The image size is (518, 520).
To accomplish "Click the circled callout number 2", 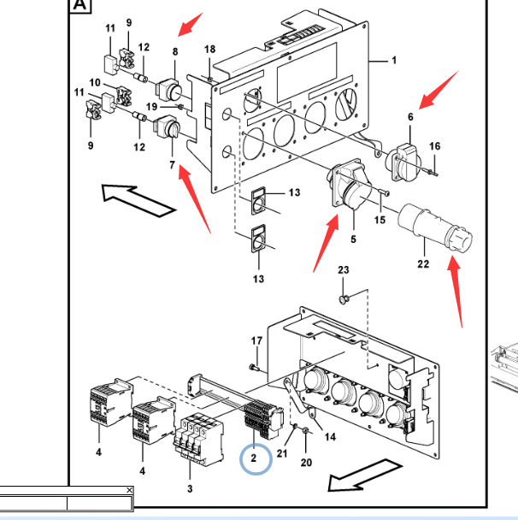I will point(254,458).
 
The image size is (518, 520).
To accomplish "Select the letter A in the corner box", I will point(79,7).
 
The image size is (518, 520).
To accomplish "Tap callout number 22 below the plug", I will point(423,263).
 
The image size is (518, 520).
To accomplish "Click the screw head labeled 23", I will point(344,299).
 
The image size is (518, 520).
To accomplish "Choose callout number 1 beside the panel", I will point(394,61).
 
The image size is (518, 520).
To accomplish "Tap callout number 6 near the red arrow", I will point(410,116).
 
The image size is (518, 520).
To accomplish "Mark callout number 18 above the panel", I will point(209,50).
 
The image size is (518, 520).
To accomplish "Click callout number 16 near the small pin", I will point(434,147).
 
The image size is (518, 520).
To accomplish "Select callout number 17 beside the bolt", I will point(256,341).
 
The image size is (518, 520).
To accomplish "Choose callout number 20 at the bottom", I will point(307,463).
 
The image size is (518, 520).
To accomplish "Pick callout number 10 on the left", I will point(96,83).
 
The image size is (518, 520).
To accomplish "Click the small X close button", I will point(129,490).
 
